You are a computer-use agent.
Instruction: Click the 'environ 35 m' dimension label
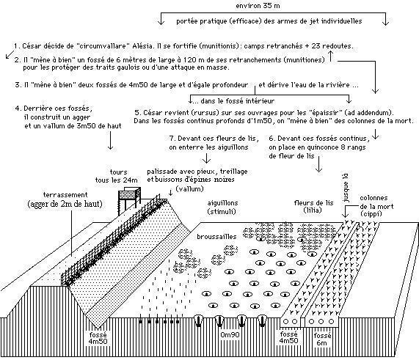258,6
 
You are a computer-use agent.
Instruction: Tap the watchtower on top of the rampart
129,201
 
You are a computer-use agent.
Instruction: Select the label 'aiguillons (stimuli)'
222,207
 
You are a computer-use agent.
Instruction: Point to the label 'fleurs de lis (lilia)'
313,207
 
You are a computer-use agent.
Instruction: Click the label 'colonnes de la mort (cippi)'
376,206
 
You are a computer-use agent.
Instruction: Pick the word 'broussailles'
216,237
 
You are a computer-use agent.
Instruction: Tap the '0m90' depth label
230,334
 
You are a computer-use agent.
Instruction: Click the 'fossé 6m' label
322,339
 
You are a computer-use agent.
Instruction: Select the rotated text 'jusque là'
346,188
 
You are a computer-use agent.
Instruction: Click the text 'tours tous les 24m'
117,176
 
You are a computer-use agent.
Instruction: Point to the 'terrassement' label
65,195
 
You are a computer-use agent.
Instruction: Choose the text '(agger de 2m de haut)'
65,205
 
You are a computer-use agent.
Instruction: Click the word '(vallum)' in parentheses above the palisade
189,189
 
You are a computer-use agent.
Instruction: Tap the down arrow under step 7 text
206,158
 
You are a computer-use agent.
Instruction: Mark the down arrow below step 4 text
110,140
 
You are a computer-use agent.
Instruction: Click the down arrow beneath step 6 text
318,164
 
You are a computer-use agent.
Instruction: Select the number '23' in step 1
316,46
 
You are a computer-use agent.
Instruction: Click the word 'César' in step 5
151,113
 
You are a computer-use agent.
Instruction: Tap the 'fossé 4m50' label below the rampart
98,338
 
